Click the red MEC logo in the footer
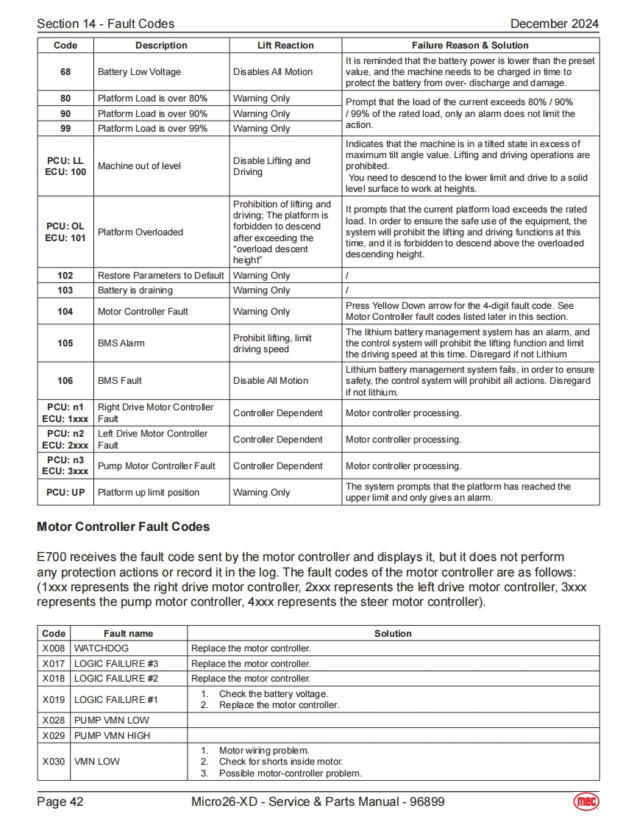coord(586,801)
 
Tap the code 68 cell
coord(65,72)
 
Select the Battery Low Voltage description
coord(139,72)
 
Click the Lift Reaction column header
coord(285,46)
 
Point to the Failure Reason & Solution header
coord(470,46)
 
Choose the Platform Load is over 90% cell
coord(152,114)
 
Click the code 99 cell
coord(65,129)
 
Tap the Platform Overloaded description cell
coord(140,232)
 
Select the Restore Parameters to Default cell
coord(160,276)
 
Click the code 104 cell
coord(65,312)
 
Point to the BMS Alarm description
coord(121,343)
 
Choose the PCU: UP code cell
coord(65,493)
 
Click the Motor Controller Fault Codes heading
coord(123,527)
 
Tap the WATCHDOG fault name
coord(101,649)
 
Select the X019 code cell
coord(54,700)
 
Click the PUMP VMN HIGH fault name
coord(112,735)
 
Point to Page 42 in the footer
coord(60,801)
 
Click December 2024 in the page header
coord(554,24)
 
